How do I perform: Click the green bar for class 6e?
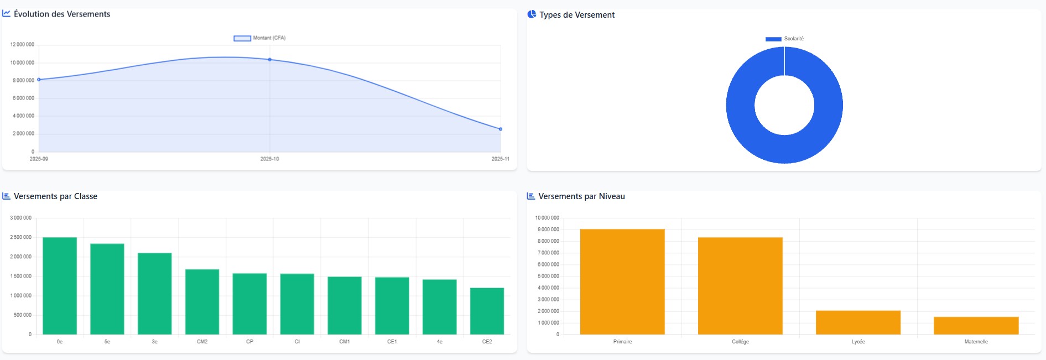(x=60, y=286)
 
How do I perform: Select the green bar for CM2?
(x=202, y=302)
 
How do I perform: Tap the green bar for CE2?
(x=487, y=311)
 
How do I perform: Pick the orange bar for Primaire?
(x=622, y=281)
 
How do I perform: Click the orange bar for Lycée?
(x=858, y=322)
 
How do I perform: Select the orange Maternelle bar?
(x=976, y=326)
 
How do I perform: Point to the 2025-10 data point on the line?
(x=270, y=59)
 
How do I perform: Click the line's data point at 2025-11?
(x=501, y=129)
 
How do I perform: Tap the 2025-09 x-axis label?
(x=39, y=159)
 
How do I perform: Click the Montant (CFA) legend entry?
(x=260, y=38)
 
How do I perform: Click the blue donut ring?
(x=741, y=105)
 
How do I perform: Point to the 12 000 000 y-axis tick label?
(x=22, y=44)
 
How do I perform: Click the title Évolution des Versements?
(x=62, y=14)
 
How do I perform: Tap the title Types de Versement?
(x=577, y=15)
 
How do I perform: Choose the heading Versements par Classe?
(x=55, y=196)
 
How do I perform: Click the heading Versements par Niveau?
(x=581, y=196)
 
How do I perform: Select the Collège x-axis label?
(x=740, y=342)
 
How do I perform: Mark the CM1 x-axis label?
(x=344, y=342)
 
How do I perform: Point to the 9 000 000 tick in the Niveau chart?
(x=548, y=229)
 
